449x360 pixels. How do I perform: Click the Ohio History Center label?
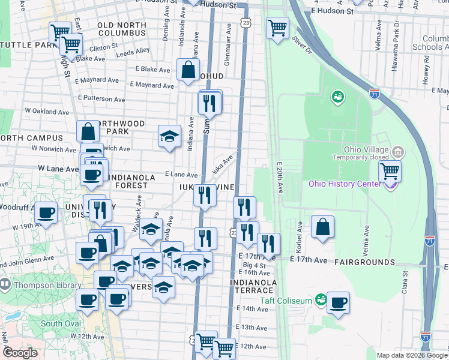click(345, 184)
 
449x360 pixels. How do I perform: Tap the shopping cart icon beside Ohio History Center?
click(390, 172)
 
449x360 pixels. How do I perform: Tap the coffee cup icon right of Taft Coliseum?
click(339, 302)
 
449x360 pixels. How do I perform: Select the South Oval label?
click(57, 323)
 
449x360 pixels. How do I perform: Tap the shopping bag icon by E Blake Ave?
click(188, 70)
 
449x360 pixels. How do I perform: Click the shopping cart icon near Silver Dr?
click(277, 28)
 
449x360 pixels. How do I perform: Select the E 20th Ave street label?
click(280, 177)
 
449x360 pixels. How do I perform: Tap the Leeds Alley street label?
click(133, 52)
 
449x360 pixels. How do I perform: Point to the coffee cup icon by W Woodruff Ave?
click(46, 212)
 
